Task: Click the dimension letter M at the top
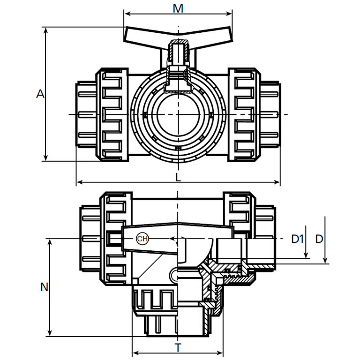tap(178, 9)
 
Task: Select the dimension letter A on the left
tap(40, 94)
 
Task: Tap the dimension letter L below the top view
tap(179, 177)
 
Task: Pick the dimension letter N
tap(44, 287)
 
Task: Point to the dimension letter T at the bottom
tap(178, 348)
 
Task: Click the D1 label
tap(297, 239)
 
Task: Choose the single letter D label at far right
tap(319, 239)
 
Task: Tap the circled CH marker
tap(142, 239)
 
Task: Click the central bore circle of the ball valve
tap(179, 114)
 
